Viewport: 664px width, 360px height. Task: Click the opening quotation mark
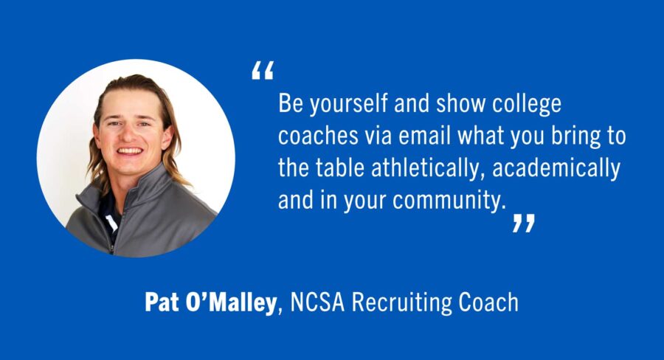click(x=262, y=71)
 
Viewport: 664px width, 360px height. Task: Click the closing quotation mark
click(x=523, y=224)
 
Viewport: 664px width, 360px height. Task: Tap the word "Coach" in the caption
click(x=491, y=302)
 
